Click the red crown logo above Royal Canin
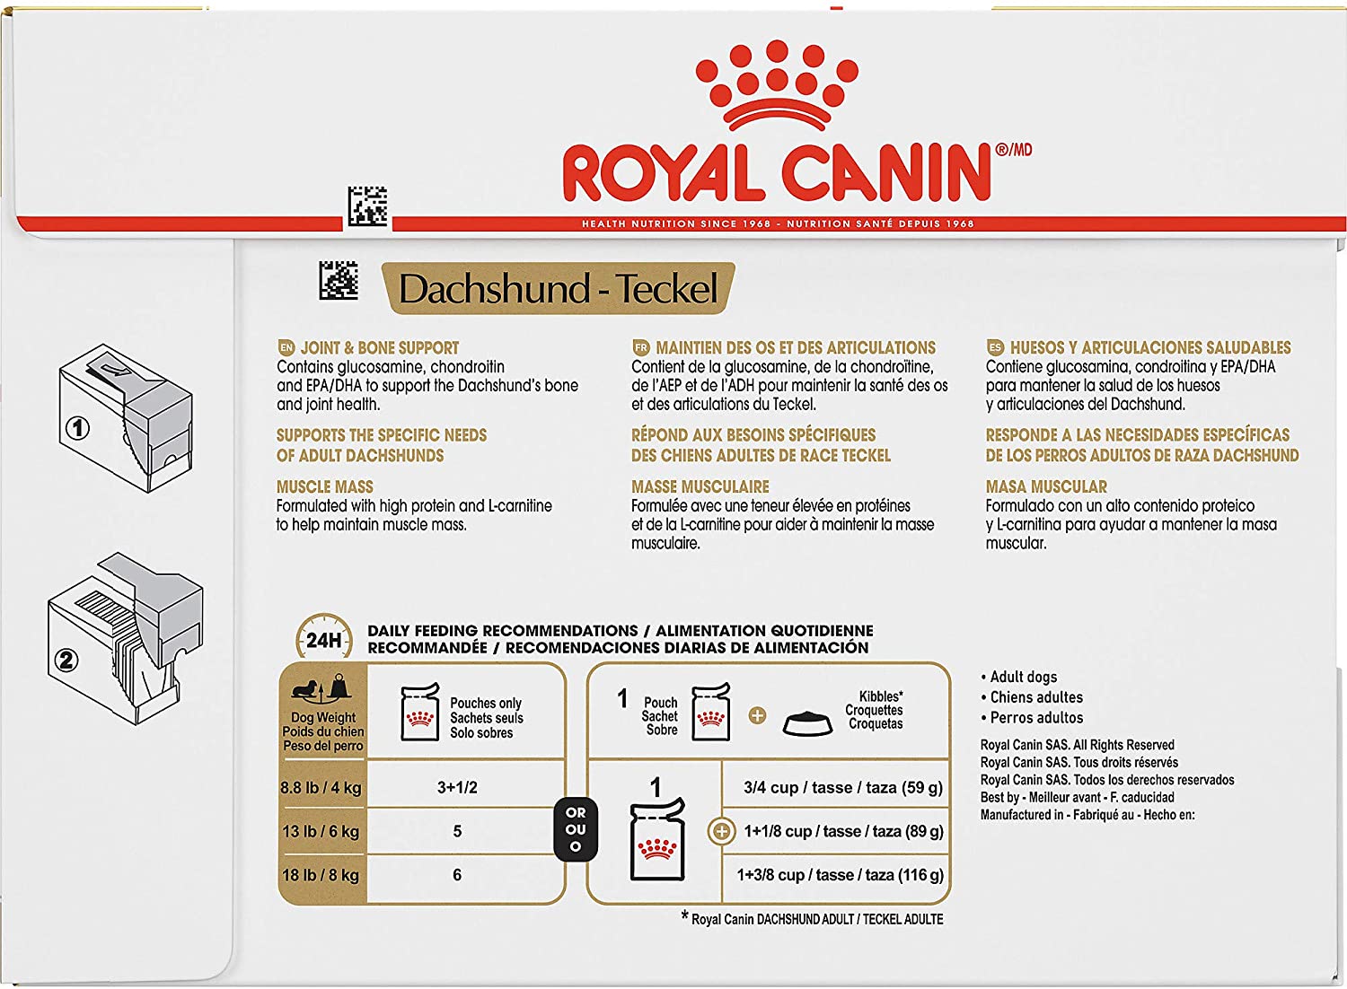777,85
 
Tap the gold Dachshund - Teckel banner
558,288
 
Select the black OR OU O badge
576,829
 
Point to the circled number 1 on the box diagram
77,428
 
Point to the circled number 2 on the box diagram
66,661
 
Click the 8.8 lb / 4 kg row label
321,787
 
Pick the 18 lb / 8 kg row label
321,875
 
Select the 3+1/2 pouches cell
457,787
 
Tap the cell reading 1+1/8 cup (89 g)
844,832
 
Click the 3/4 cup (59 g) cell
843,788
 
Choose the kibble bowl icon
807,722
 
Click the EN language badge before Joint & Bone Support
286,348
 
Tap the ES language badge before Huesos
995,348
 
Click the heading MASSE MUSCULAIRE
700,486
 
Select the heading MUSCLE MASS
325,486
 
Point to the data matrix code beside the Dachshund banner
339,280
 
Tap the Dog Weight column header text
323,717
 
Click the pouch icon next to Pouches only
419,712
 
